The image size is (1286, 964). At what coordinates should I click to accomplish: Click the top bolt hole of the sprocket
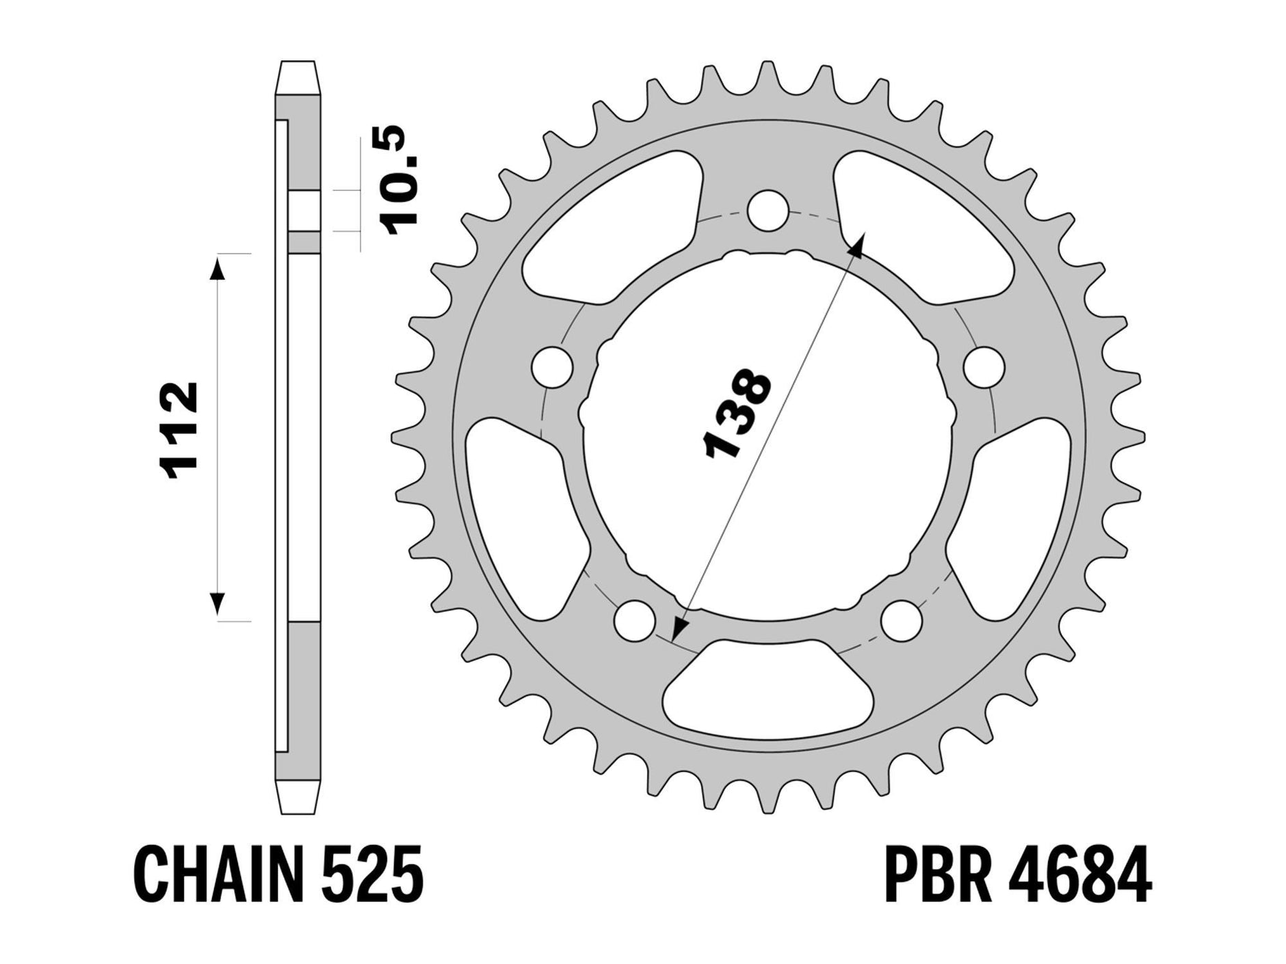767,209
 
